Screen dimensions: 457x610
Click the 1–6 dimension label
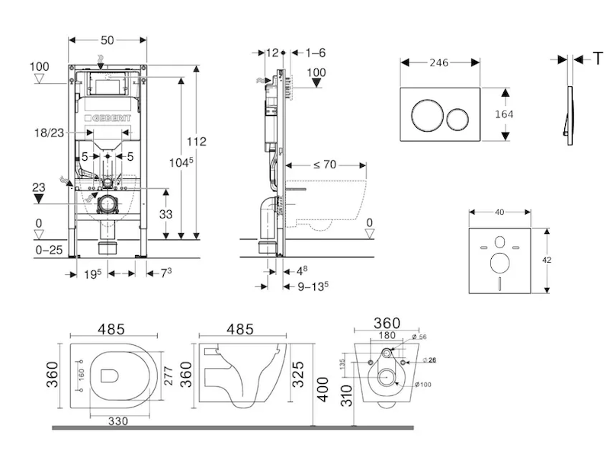point(315,53)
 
